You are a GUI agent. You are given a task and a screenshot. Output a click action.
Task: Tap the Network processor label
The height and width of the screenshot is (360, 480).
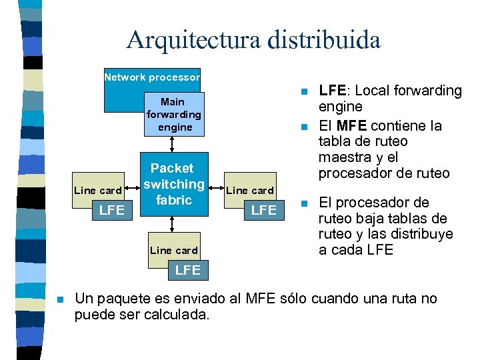point(152,77)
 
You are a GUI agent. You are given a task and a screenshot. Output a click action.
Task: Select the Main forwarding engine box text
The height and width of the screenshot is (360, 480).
point(173,115)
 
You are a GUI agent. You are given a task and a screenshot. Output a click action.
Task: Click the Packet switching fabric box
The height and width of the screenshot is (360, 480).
point(173,184)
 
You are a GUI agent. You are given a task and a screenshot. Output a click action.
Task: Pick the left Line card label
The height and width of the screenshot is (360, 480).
point(97,191)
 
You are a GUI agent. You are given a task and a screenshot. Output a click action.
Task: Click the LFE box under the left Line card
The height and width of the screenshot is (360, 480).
point(111,210)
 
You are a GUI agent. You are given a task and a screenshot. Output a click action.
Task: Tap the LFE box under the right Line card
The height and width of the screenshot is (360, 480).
point(264,210)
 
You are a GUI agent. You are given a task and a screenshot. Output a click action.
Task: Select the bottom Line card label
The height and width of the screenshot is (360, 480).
point(174,251)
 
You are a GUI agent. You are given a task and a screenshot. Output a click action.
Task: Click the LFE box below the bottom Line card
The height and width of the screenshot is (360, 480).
point(187,270)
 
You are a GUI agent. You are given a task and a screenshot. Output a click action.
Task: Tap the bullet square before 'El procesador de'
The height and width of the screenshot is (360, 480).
point(303,202)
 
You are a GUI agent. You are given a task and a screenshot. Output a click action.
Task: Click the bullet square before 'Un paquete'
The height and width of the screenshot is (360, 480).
point(60,299)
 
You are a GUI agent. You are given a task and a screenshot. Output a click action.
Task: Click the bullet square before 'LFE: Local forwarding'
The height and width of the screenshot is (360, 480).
point(303,91)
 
